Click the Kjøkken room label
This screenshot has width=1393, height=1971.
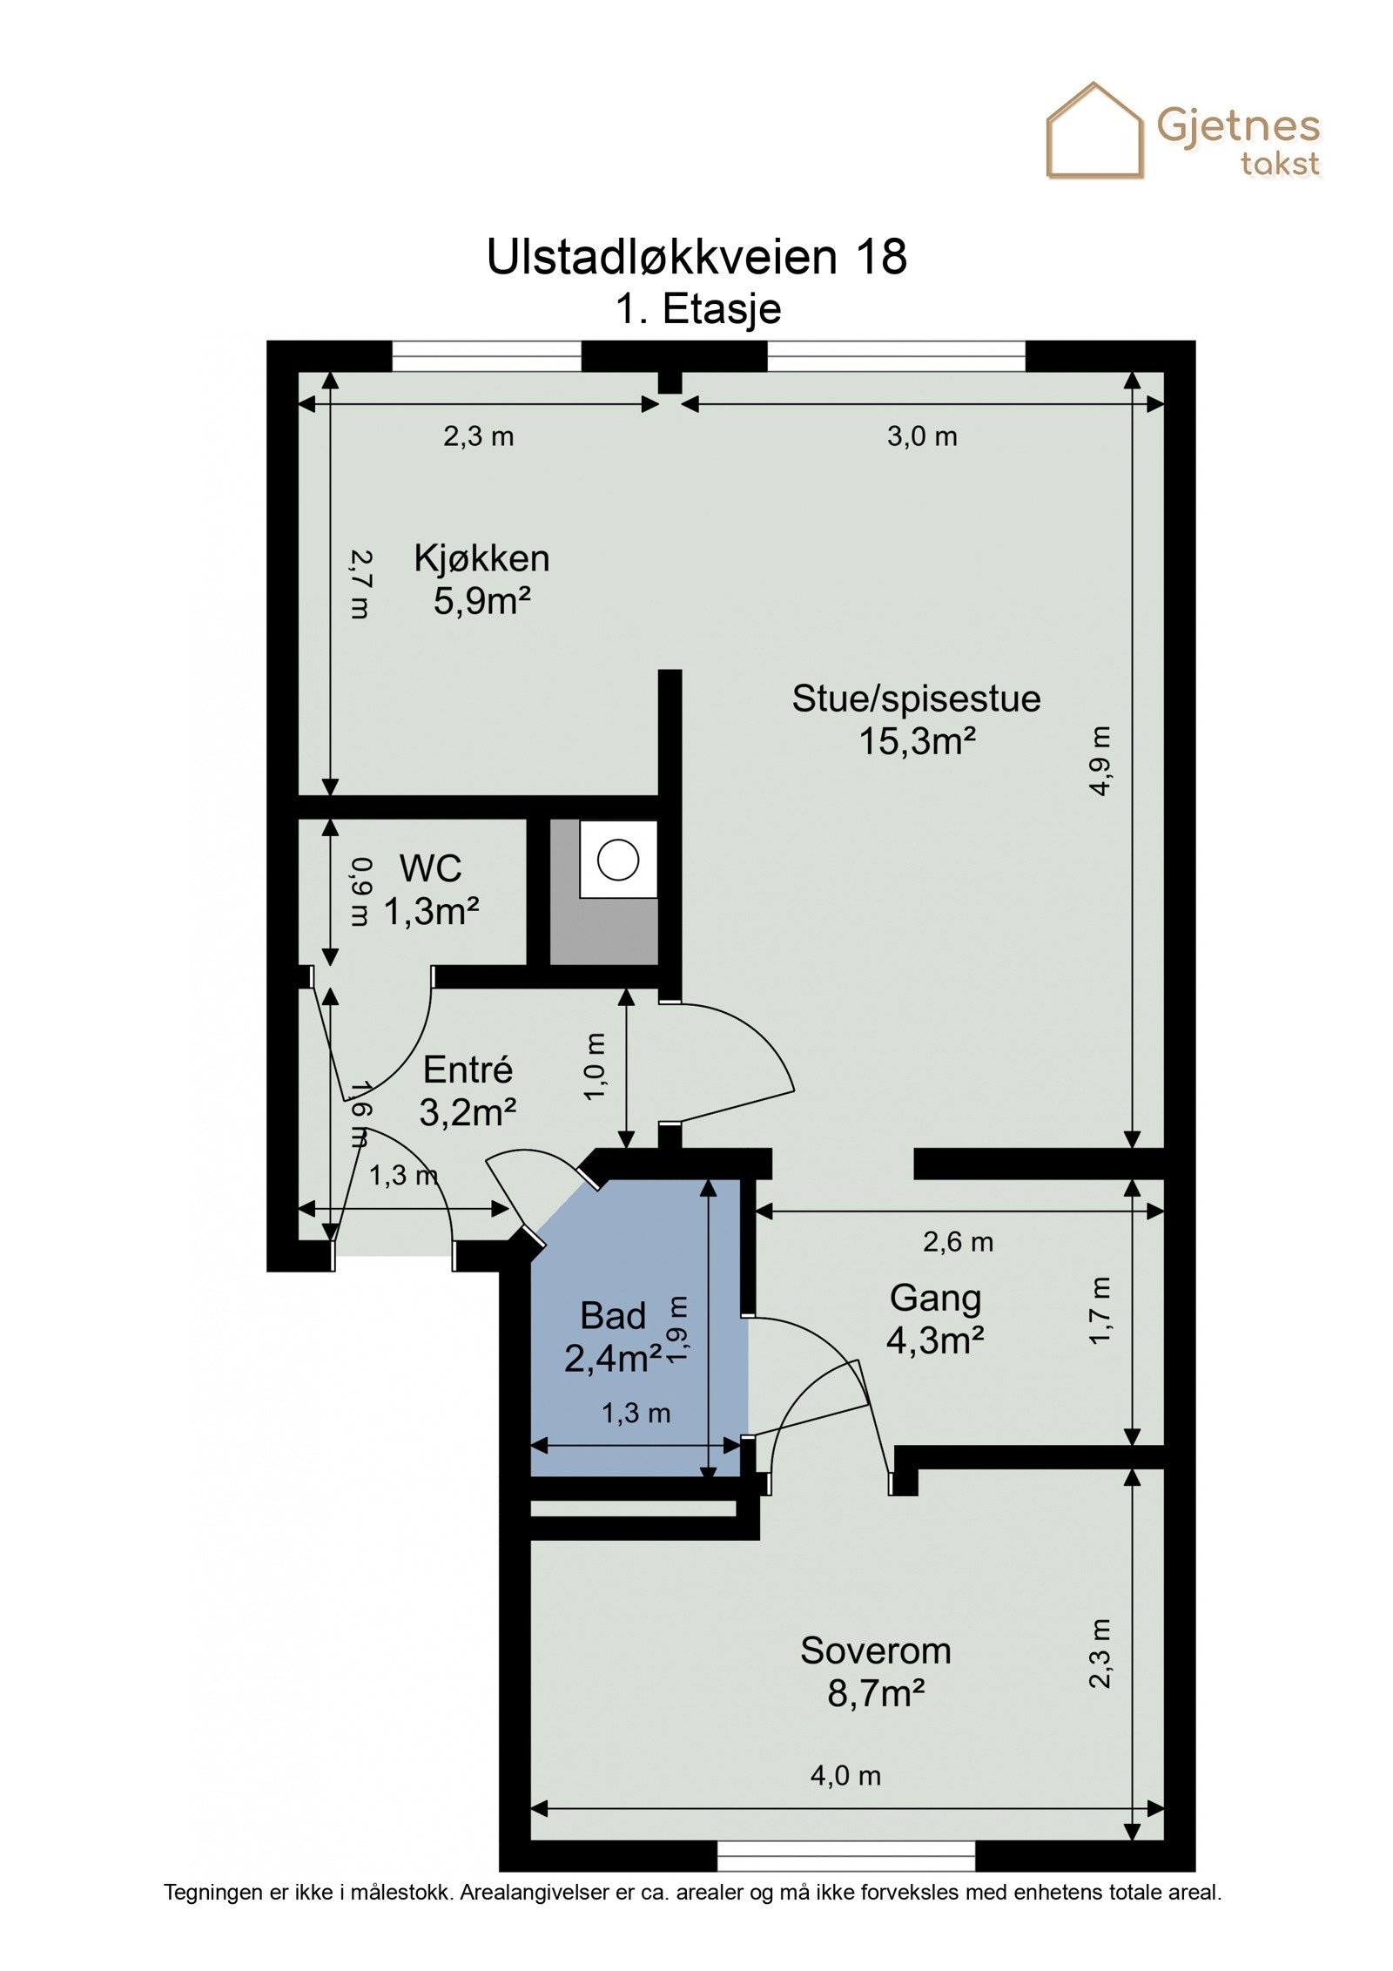(481, 558)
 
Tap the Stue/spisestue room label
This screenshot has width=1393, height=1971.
(916, 699)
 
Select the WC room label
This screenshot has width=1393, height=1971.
(430, 868)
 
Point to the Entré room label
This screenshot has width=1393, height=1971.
(468, 1070)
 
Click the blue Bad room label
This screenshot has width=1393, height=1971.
(613, 1316)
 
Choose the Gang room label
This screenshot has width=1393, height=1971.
(935, 1299)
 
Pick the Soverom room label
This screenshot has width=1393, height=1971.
(875, 1650)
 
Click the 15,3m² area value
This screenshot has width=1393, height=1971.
(917, 741)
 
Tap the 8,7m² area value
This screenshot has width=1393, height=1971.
(875, 1694)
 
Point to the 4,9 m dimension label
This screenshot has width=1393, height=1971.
(1100, 760)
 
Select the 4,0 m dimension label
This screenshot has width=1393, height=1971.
(845, 1775)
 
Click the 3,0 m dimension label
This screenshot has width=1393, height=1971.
(922, 435)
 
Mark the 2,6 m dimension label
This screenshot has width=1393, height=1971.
(958, 1241)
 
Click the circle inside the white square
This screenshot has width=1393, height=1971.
(618, 860)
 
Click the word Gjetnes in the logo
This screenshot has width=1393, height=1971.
(1238, 127)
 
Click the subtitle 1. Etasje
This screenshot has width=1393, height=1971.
(698, 309)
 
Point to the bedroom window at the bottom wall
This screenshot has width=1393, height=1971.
(846, 1856)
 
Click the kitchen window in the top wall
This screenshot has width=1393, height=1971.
(487, 356)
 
